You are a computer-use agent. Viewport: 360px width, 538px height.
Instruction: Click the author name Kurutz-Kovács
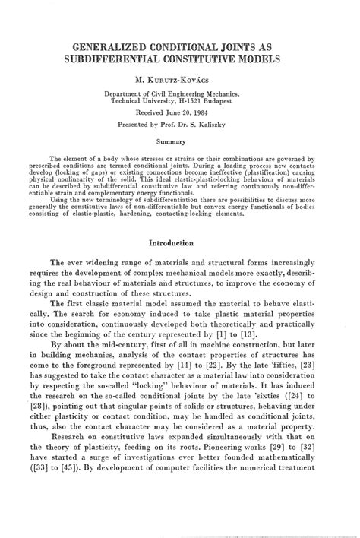(183, 78)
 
